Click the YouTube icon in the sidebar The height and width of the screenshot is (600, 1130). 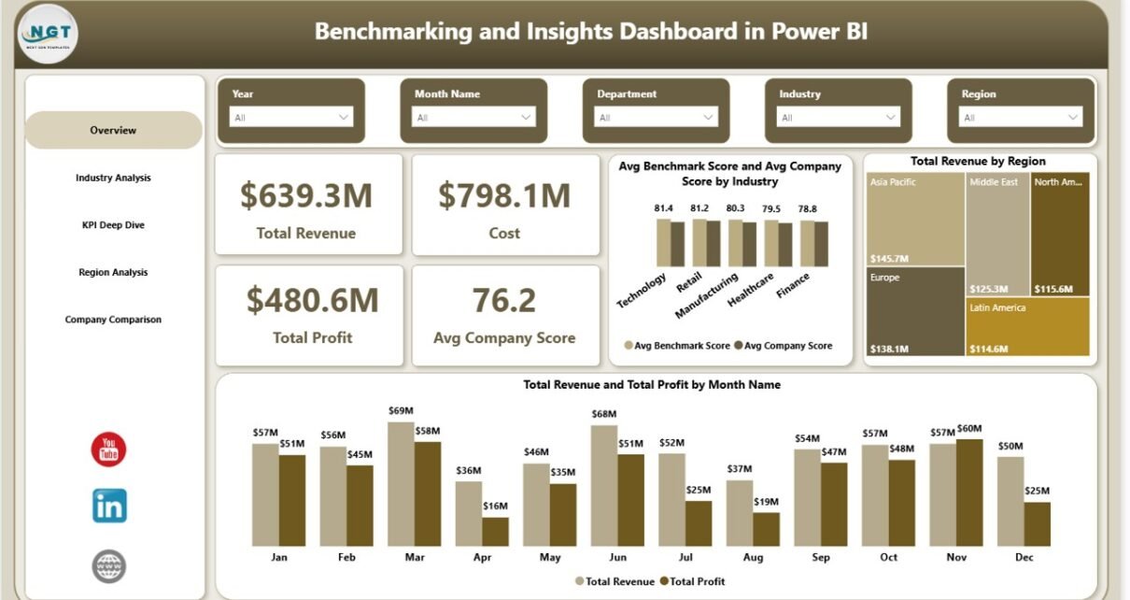(x=108, y=450)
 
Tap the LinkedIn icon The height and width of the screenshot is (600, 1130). (x=109, y=506)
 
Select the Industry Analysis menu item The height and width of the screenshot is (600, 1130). (x=113, y=178)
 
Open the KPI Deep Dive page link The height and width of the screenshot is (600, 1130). (x=113, y=225)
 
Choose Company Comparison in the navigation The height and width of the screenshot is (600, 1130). (x=113, y=320)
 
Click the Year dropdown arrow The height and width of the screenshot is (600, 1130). (x=344, y=118)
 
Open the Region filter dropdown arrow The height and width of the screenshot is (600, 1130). (x=1073, y=118)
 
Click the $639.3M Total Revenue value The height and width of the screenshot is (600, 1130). (x=306, y=195)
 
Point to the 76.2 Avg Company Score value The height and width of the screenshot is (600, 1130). (x=504, y=300)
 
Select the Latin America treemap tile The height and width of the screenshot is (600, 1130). (x=1027, y=326)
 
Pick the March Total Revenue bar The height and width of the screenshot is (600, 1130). (x=402, y=483)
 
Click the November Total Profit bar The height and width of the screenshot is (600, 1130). (x=970, y=493)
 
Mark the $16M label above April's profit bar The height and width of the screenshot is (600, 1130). (x=496, y=506)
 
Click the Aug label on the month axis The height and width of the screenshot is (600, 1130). (x=753, y=557)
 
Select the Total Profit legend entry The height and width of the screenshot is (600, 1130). (x=692, y=581)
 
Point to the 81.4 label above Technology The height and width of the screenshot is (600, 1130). (x=664, y=207)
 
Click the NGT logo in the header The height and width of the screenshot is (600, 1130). (x=49, y=34)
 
